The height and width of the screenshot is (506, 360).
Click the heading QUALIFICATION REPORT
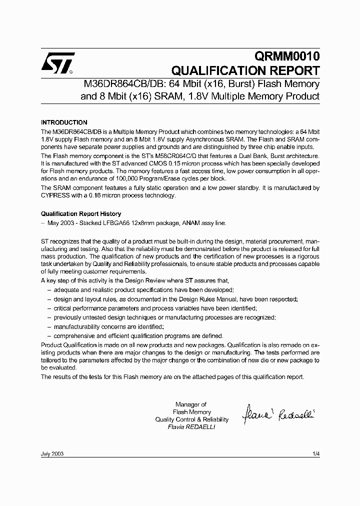click(x=245, y=70)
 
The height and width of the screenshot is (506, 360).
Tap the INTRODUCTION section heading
click(x=64, y=122)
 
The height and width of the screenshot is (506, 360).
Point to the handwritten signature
click(x=278, y=413)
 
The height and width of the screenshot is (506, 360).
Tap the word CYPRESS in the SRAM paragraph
click(x=56, y=195)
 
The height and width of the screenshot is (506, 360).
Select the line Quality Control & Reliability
click(x=191, y=419)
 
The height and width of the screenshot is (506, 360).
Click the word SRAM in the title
click(x=165, y=95)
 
